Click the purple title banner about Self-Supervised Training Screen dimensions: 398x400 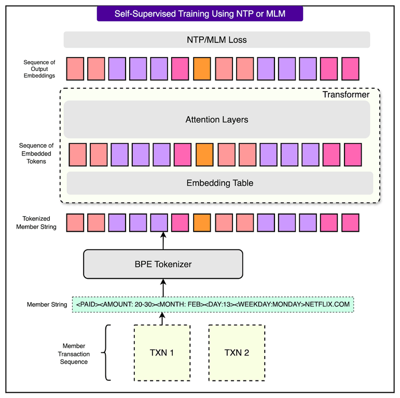[200, 13]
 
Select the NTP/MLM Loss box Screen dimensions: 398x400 [216, 40]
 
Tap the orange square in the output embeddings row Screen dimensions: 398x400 [202, 69]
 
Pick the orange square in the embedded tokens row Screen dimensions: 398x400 [204, 154]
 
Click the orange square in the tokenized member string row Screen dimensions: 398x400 [202, 222]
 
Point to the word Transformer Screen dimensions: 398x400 [346, 95]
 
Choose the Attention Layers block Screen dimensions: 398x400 [216, 120]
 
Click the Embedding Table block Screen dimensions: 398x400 [219, 183]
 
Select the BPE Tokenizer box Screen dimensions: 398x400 [163, 264]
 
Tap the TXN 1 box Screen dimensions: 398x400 [162, 353]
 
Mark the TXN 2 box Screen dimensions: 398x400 [237, 353]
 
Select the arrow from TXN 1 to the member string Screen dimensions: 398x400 [162, 319]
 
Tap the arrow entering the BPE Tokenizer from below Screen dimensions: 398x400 [163, 287]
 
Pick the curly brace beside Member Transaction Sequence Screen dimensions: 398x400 [105, 353]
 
